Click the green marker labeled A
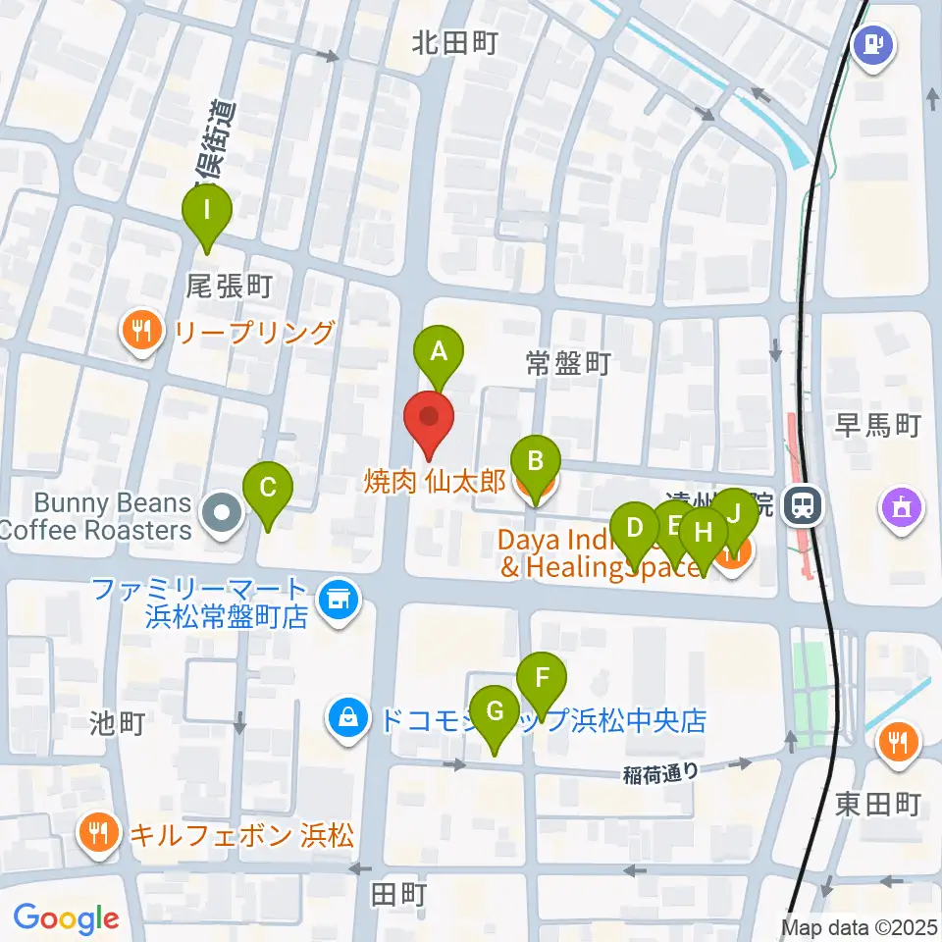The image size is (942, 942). coord(438,350)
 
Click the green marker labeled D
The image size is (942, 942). coord(635,530)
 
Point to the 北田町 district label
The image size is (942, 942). coord(455,43)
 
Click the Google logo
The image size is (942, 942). coord(67,919)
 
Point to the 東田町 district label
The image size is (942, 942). coord(878,805)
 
